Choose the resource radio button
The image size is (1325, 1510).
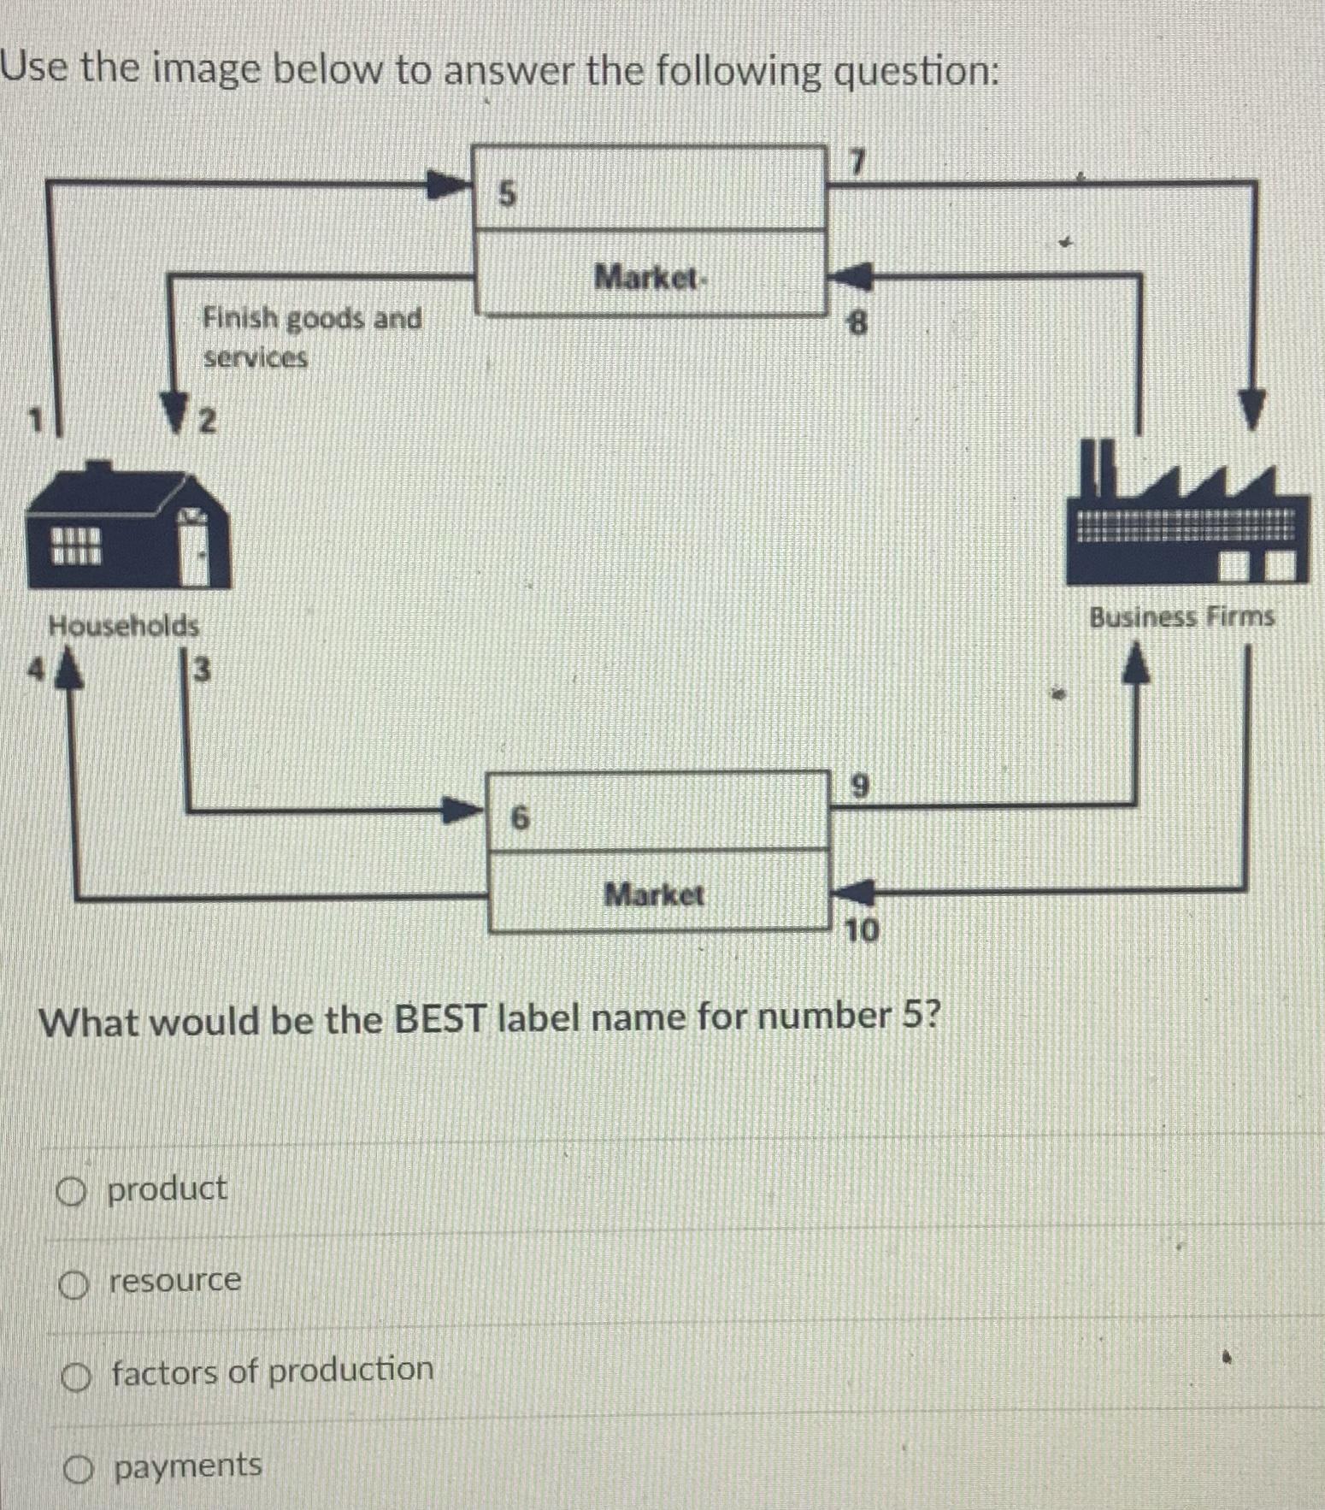(x=74, y=1283)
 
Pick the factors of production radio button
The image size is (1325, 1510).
(x=75, y=1377)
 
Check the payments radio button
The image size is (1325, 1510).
(x=78, y=1470)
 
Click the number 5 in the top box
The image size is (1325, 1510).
(x=507, y=195)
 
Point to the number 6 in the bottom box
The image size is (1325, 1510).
(x=519, y=819)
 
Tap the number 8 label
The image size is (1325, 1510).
(x=856, y=323)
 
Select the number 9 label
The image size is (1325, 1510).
(x=861, y=785)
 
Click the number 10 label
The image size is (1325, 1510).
(x=861, y=930)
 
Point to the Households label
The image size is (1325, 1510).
(x=124, y=626)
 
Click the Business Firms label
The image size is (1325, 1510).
(x=1181, y=616)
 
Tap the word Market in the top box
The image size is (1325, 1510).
(x=648, y=278)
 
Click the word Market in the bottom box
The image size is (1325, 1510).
(x=654, y=895)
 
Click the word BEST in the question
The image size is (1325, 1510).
(x=439, y=1018)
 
